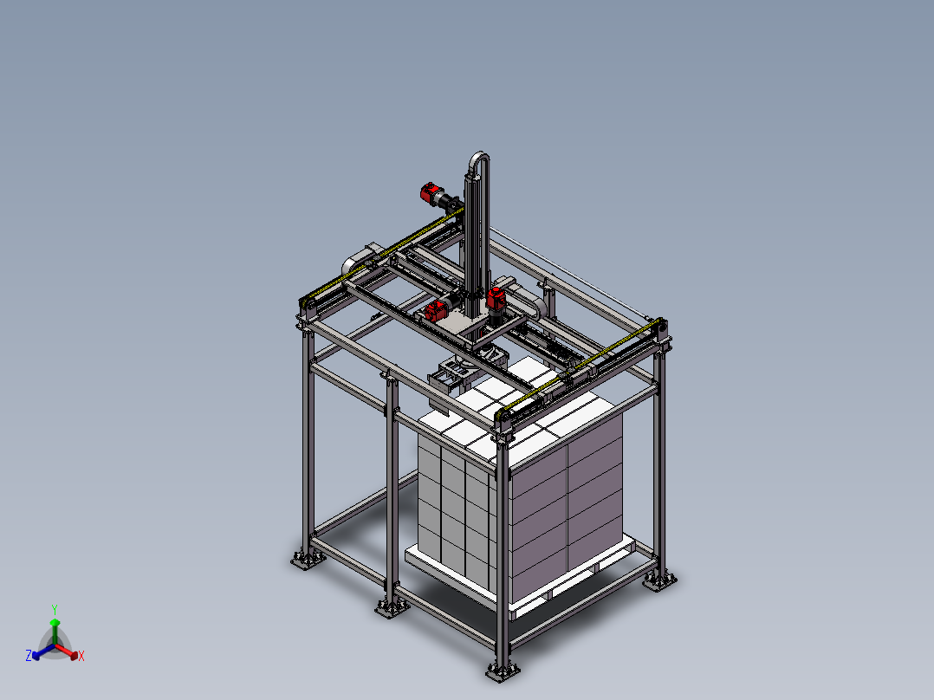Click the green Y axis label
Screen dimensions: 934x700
[x=55, y=609]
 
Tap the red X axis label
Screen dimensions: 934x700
[x=81, y=656]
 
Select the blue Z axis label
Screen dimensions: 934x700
[x=29, y=655]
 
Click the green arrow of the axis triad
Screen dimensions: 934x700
[x=55, y=632]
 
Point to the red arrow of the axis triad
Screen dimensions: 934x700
[x=67, y=651]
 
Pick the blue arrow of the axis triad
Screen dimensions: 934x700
[x=43, y=651]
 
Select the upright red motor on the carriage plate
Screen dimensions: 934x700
[x=496, y=298]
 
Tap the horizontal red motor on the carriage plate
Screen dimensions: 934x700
[x=436, y=309]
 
